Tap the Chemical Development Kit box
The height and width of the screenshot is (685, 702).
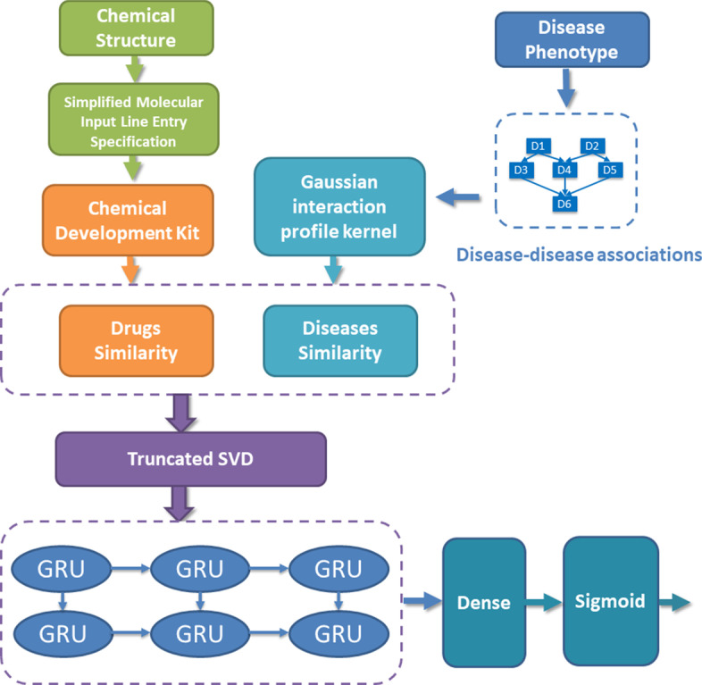136,219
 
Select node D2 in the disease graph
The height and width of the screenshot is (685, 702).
590,146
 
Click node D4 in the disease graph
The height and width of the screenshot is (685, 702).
564,168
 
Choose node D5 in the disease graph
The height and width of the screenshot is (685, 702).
610,168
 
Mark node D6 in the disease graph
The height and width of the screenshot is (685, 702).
564,205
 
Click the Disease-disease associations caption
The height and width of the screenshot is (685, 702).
578,255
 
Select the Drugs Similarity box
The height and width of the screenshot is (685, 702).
136,340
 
